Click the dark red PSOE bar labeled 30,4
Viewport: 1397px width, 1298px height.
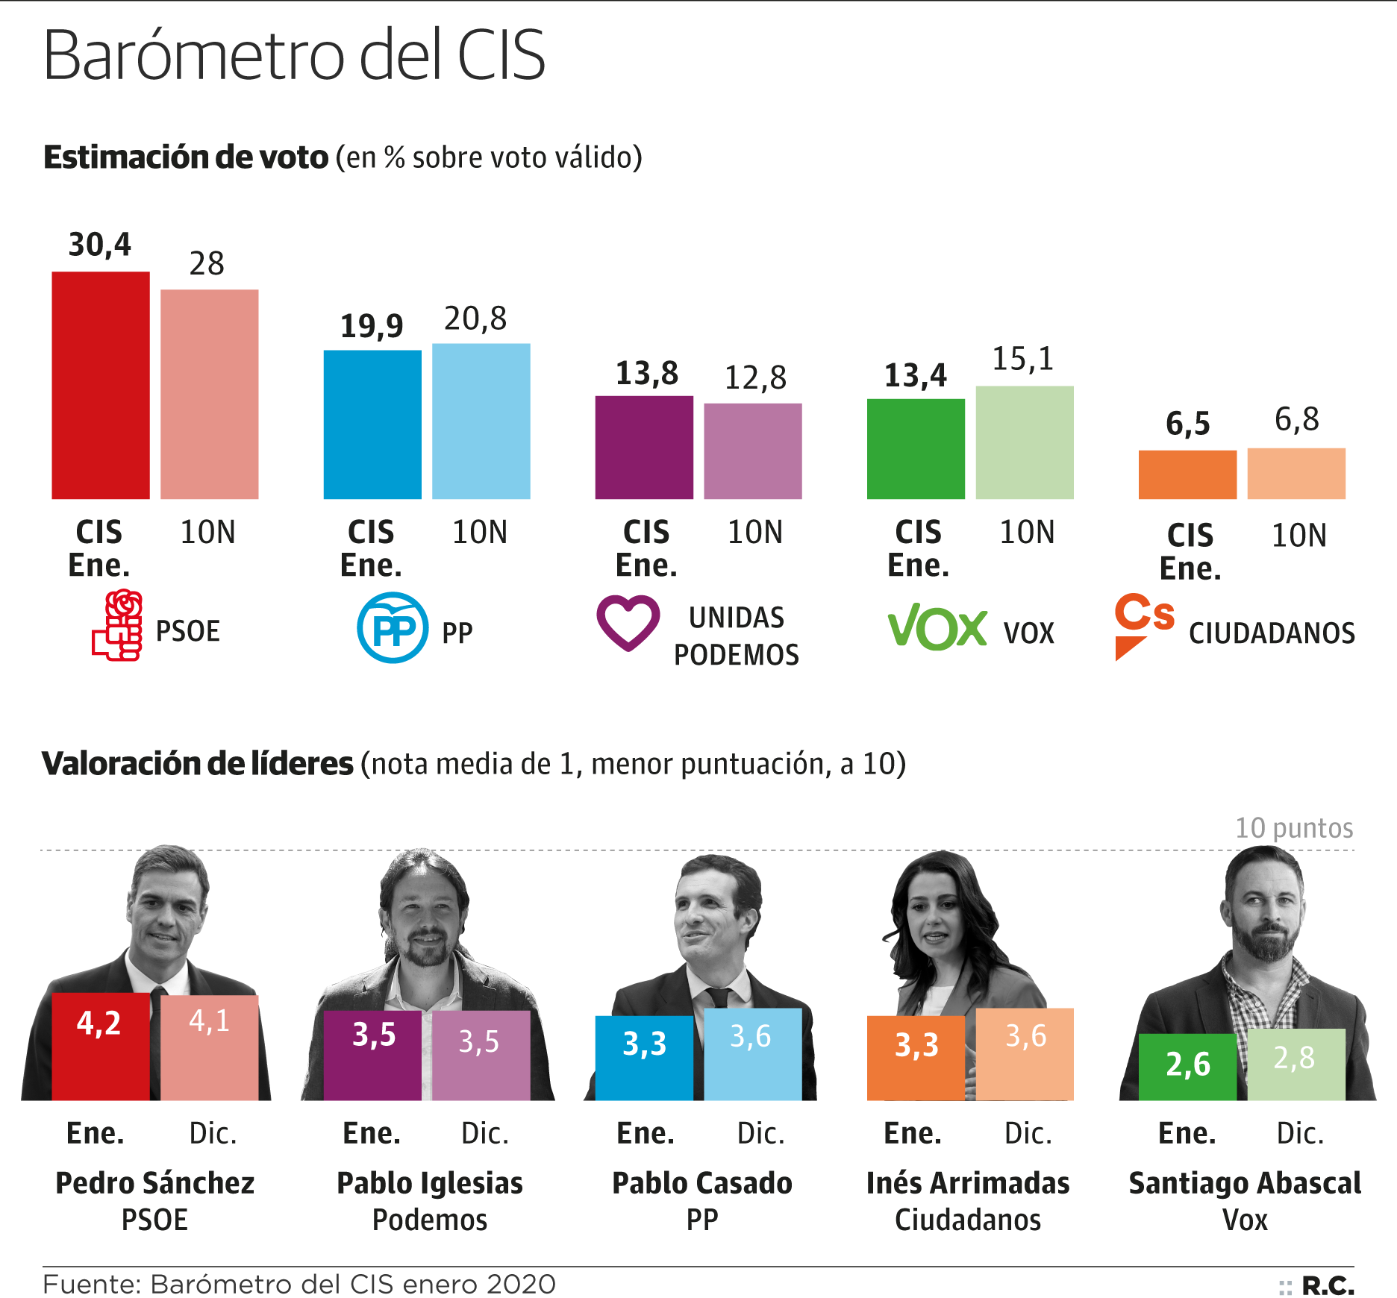tap(101, 385)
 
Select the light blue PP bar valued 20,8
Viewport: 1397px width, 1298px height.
tap(481, 421)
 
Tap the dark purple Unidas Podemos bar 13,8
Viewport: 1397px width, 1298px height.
tap(644, 447)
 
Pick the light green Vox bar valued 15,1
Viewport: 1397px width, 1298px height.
tap(1025, 442)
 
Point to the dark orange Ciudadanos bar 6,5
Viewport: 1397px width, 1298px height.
tap(1187, 474)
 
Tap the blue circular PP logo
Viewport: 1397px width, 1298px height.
tap(393, 627)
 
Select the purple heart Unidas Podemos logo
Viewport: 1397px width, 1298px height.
tap(628, 622)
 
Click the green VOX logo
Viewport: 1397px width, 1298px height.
tap(937, 628)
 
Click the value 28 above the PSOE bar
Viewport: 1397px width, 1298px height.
tap(207, 263)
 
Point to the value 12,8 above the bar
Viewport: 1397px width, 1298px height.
tap(755, 378)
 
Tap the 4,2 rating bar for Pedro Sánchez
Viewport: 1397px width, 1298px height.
tap(101, 1046)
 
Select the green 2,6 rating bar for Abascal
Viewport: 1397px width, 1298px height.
tap(1187, 1067)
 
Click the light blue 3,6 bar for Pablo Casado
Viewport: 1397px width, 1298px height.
tap(752, 1053)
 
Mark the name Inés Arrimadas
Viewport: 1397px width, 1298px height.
tap(968, 1183)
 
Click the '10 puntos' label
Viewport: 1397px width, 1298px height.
tap(1294, 828)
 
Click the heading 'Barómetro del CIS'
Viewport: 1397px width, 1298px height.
tap(295, 56)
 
